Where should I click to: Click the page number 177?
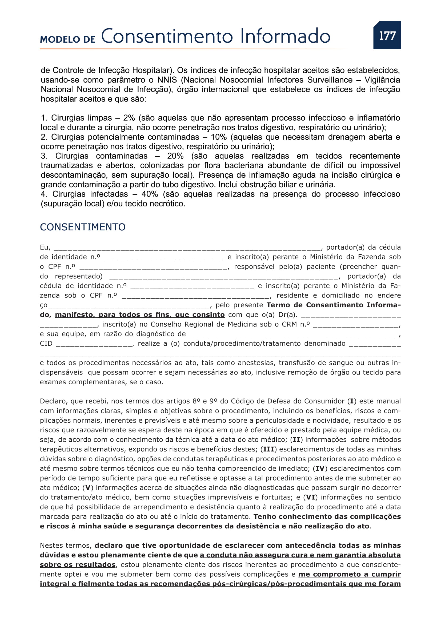point(387,35)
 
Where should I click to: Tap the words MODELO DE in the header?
point(68,39)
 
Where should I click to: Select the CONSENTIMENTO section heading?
point(83,227)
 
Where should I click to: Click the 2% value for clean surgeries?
point(129,118)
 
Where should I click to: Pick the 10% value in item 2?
point(219,137)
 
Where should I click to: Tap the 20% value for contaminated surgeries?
point(175,156)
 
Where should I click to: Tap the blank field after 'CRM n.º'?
point(356,324)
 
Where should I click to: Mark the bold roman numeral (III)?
point(268,449)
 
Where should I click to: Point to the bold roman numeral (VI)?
point(311,497)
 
